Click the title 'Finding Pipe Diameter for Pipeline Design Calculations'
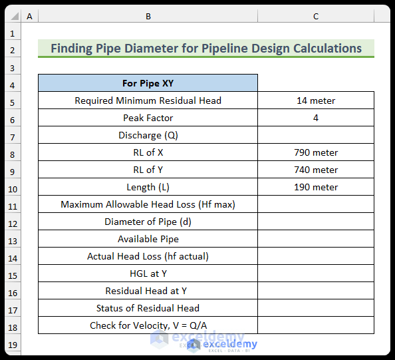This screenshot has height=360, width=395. click(x=206, y=49)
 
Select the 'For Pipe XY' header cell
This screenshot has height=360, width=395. click(x=148, y=83)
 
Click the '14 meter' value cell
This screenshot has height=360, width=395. click(x=316, y=100)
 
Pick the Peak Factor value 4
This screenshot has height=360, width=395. click(x=316, y=118)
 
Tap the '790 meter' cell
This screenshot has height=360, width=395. click(x=316, y=152)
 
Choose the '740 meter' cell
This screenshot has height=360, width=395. click(x=316, y=170)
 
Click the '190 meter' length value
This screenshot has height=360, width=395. click(x=316, y=187)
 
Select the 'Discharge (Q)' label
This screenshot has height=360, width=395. click(x=148, y=135)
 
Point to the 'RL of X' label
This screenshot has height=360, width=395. click(x=148, y=152)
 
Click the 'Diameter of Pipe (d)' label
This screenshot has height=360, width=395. click(x=148, y=222)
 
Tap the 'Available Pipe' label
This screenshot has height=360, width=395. click(x=148, y=239)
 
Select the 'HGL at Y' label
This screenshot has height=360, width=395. click(x=148, y=273)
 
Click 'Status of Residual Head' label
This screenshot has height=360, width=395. click(x=148, y=308)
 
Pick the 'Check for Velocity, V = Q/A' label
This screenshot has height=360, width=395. click(x=148, y=325)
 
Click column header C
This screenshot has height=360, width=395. click(x=316, y=16)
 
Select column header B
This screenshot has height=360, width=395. click(x=148, y=16)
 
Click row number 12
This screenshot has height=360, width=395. click(x=13, y=222)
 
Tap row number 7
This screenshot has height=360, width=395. click(x=13, y=135)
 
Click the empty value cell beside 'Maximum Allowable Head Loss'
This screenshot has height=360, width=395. click(x=316, y=204)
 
